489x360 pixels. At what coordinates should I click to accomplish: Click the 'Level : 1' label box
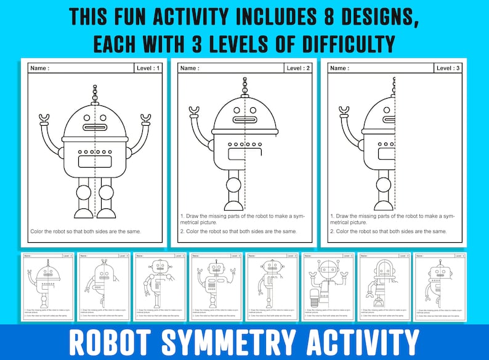pyautogui.click(x=148, y=68)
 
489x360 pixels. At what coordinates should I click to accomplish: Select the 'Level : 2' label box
pyautogui.click(x=299, y=68)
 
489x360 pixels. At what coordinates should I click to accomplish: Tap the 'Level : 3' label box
pyautogui.click(x=448, y=68)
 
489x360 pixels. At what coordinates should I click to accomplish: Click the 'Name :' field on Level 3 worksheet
pyautogui.click(x=339, y=68)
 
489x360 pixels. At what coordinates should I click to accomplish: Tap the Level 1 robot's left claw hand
pyautogui.click(x=44, y=117)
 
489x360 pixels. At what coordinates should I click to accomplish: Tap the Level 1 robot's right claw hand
pyautogui.click(x=146, y=117)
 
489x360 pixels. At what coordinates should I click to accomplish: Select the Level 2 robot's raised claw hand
pyautogui.click(x=195, y=112)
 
